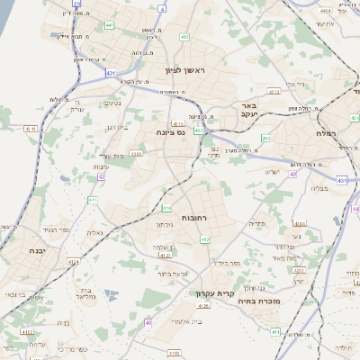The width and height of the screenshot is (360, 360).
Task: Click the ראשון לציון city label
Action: click(185, 69)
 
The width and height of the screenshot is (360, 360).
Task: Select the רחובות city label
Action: click(194, 219)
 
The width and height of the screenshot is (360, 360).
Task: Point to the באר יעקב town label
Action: click(249, 110)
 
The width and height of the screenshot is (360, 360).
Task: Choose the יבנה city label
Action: click(36, 250)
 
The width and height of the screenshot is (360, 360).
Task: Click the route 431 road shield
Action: click(110, 71)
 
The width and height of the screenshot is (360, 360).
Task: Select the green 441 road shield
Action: click(109, 25)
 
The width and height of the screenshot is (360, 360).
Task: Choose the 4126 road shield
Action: click(203, 306)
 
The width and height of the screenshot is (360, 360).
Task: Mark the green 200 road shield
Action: click(266, 138)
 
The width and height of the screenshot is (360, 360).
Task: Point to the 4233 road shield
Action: click(136, 154)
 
